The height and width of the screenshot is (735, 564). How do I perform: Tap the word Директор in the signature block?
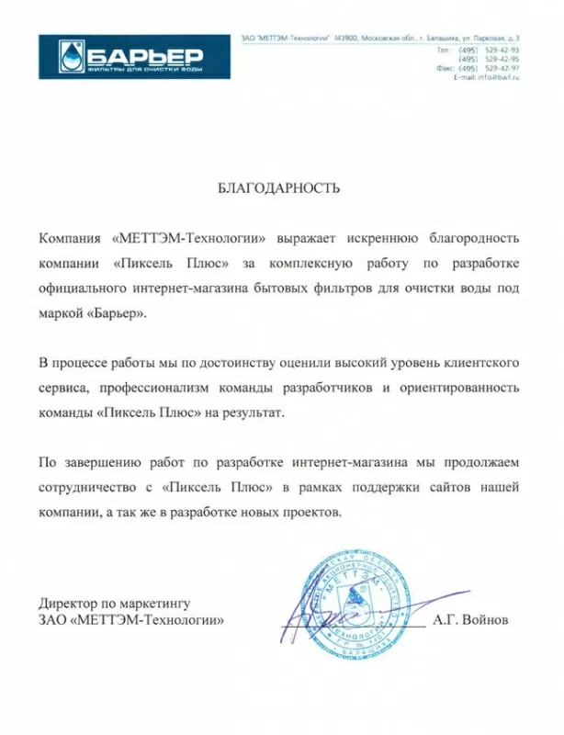67,603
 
